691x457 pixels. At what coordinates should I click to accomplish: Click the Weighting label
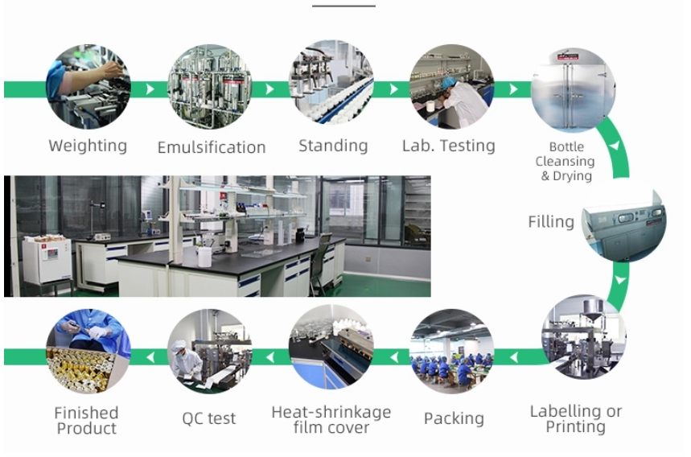[88, 146]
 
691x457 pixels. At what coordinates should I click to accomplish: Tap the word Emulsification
[212, 147]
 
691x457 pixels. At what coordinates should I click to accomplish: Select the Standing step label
[333, 146]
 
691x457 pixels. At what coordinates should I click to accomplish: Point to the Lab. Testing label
[449, 146]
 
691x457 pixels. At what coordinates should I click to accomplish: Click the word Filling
[551, 221]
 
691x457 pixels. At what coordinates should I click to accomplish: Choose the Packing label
[454, 418]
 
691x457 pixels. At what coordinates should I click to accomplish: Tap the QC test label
[209, 418]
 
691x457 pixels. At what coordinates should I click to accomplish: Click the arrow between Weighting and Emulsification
[150, 89]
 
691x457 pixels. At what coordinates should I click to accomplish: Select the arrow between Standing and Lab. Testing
[393, 89]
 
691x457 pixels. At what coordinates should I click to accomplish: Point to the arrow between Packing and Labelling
[513, 357]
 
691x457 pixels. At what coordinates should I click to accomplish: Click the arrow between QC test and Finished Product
[150, 357]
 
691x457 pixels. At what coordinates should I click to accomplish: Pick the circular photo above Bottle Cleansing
[574, 89]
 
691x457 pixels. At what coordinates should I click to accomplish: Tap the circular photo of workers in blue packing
[452, 352]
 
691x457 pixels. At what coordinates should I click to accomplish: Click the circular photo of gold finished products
[88, 352]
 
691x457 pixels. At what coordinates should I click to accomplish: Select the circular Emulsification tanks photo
[209, 86]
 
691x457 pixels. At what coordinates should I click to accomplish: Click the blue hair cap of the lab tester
[448, 82]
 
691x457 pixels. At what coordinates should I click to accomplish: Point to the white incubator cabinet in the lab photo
[47, 260]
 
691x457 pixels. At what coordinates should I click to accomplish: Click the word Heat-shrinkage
[331, 412]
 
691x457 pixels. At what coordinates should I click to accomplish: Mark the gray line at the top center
[343, 6]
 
